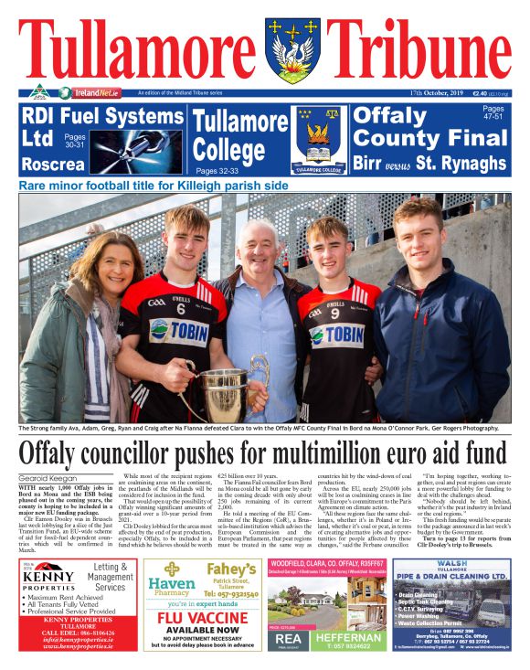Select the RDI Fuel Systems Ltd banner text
(91, 127)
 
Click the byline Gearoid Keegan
(49, 478)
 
